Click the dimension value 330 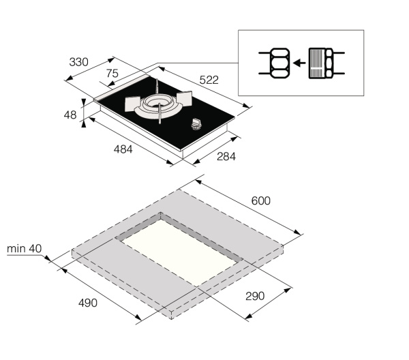coord(78,62)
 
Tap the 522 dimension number coord(209,80)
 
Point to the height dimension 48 coord(70,115)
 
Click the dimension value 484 coord(123,149)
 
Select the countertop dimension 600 coord(260,200)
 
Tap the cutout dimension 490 coord(87,303)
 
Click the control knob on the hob coord(198,124)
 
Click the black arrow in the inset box coord(297,63)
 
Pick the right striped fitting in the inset coord(320,63)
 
